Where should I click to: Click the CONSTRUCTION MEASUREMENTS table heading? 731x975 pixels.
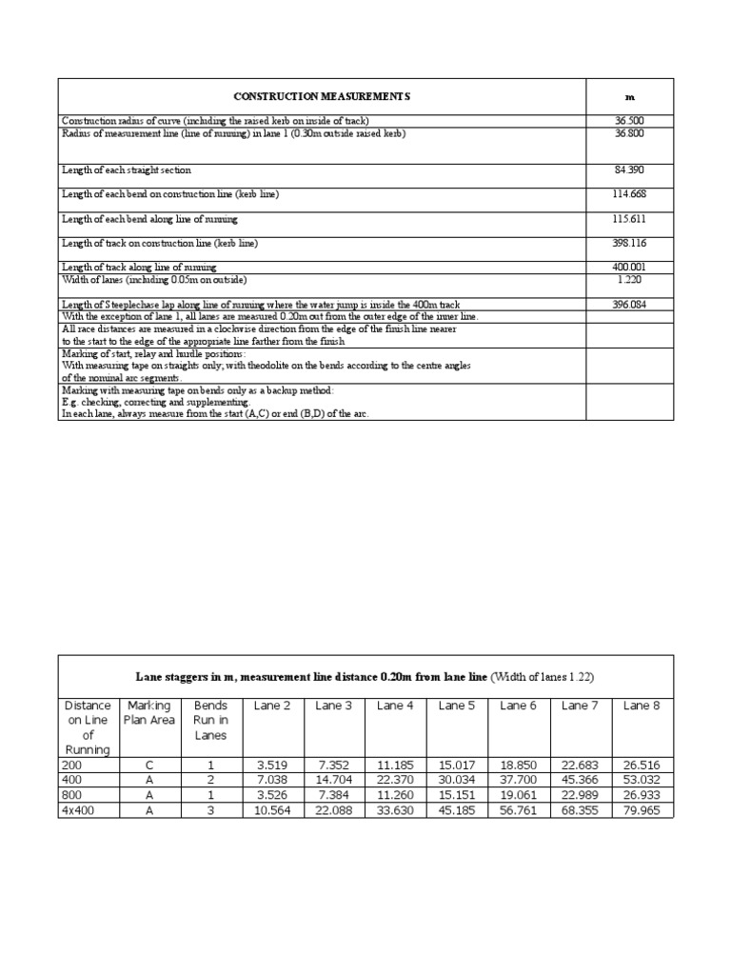pos(322,96)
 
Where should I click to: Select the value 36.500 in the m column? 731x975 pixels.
pos(629,120)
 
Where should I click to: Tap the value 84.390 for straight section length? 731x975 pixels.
pos(629,169)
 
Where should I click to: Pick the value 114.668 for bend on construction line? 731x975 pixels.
pos(629,194)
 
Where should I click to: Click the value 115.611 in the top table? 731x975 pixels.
pos(629,219)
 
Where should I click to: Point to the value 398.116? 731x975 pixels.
pos(629,244)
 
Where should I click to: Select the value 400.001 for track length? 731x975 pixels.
pos(629,268)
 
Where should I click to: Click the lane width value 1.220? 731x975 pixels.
pos(629,280)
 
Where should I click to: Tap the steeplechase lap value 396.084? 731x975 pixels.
pos(629,305)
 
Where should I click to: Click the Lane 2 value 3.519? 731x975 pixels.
pos(271,765)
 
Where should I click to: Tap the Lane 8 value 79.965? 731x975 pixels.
pos(642,810)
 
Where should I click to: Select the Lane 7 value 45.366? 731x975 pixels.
pos(580,780)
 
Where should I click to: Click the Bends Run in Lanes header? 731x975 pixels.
pos(210,720)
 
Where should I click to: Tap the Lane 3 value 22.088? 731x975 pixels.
pos(333,810)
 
